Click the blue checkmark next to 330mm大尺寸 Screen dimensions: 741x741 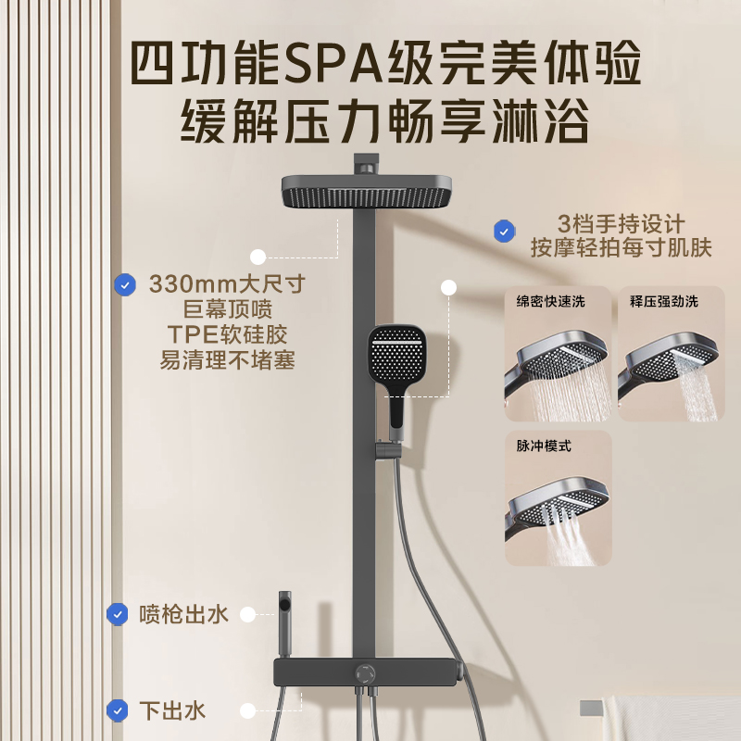(124, 284)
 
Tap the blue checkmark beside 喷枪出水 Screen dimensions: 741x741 (117, 613)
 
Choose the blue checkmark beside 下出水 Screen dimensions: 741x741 (117, 710)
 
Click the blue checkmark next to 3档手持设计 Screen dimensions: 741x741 (504, 232)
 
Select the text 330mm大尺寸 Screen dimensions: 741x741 (227, 283)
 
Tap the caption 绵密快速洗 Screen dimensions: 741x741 (550, 301)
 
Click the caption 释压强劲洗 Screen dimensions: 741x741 (664, 301)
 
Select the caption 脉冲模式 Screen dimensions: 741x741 (544, 446)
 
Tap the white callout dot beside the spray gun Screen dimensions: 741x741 (247, 613)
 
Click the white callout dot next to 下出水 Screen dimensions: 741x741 (247, 710)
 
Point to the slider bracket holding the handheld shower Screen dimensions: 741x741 (382, 453)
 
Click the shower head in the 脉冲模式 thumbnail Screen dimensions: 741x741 (565, 505)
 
